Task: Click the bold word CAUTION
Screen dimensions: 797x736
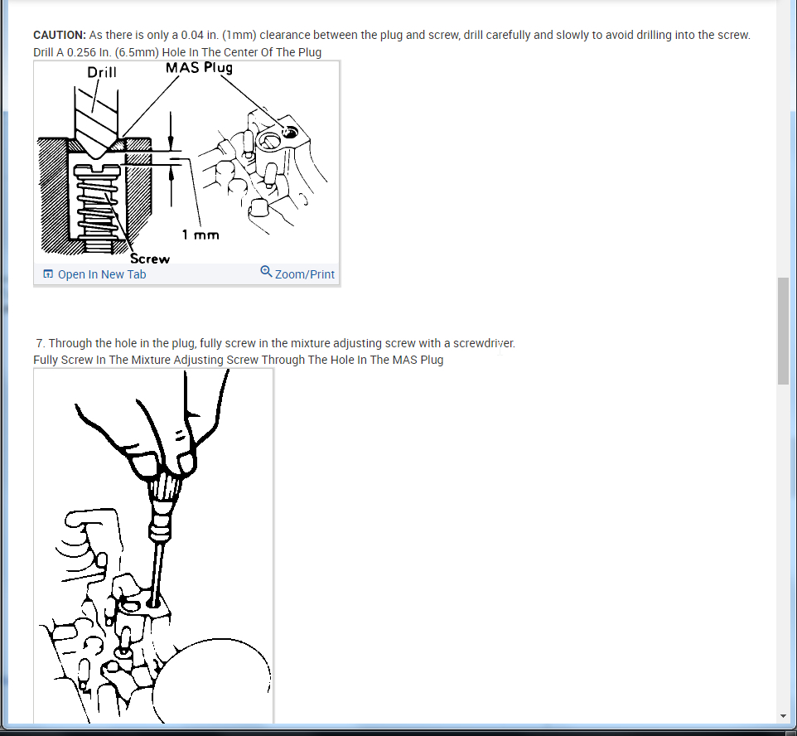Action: pos(60,35)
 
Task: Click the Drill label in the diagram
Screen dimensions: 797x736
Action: pos(102,72)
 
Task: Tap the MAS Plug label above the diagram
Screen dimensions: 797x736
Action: pos(199,68)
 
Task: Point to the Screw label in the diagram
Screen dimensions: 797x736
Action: pos(149,259)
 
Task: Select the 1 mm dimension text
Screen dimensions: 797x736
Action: pos(200,235)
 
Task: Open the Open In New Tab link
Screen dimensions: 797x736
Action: pos(102,274)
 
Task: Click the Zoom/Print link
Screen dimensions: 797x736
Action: pos(304,274)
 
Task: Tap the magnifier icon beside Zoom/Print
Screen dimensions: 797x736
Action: pos(266,272)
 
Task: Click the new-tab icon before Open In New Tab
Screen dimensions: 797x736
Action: pos(48,274)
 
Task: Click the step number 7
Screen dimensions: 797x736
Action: pos(40,343)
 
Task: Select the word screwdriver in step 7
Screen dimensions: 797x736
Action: pos(484,343)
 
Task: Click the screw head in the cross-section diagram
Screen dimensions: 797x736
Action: pos(97,171)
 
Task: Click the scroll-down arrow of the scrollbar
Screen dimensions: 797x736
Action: pos(783,716)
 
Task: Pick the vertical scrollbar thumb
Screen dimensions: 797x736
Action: pos(783,332)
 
